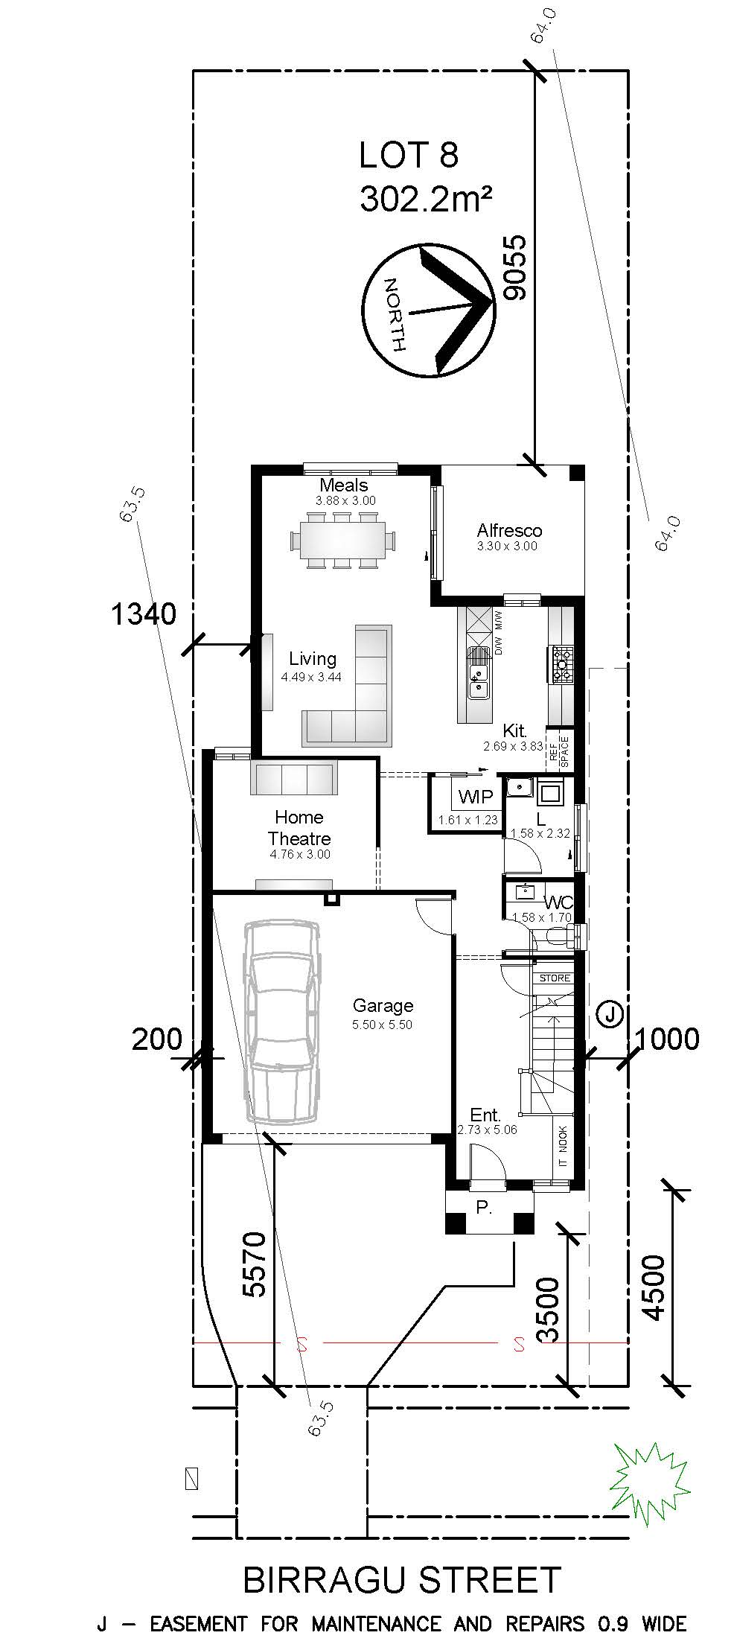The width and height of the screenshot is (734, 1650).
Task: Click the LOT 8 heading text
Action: point(408,156)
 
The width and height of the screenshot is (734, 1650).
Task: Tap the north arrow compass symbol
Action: point(430,309)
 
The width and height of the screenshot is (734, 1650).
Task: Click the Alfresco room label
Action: point(509,531)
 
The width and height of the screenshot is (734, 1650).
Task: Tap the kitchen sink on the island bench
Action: point(478,681)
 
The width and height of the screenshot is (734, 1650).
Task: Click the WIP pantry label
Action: point(476,797)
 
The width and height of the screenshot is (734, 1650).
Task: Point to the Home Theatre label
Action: point(299,828)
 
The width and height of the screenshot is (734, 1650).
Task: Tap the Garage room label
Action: point(383,1005)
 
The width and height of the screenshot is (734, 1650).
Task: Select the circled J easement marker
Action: point(610,1013)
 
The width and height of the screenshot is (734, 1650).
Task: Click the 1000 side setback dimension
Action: point(668,1039)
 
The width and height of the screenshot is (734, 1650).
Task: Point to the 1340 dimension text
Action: point(144,615)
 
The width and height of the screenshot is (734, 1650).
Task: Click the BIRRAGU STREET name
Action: point(402,1580)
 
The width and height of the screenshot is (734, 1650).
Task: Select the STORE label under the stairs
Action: point(554,978)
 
